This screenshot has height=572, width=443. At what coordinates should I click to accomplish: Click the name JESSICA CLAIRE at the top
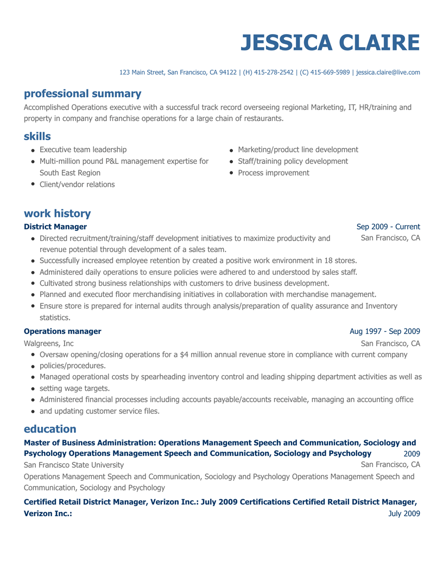330,43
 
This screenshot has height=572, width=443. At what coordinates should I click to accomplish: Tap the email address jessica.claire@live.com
388,72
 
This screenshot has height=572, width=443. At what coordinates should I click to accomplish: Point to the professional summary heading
83,94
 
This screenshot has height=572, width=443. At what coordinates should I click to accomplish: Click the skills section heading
37,136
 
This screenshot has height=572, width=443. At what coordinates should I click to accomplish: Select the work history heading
57,214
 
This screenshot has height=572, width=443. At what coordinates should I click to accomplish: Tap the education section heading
49,429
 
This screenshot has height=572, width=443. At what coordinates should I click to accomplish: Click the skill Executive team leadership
83,149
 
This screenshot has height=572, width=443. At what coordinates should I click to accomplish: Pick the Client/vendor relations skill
77,185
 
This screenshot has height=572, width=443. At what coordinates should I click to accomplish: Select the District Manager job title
55,226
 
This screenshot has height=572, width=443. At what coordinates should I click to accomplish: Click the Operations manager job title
62,331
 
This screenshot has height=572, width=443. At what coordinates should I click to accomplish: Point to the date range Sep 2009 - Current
388,226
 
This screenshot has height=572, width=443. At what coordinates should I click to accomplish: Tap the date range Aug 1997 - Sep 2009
384,331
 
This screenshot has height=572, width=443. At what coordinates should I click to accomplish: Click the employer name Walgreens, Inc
49,343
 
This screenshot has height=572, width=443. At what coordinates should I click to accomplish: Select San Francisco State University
74,465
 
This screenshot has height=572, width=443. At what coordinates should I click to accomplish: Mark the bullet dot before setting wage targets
34,388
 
